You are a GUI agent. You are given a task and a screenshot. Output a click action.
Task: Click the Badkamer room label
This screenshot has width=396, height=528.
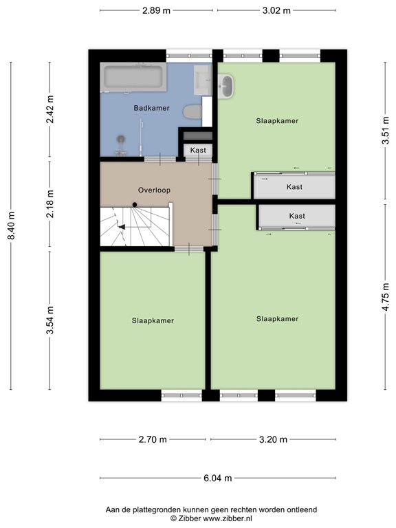(151, 108)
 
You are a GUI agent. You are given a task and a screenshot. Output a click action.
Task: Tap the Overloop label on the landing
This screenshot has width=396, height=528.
(154, 190)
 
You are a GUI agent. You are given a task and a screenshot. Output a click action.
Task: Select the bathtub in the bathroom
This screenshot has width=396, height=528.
(133, 77)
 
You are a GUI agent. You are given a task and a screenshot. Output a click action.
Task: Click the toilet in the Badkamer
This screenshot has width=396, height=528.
(192, 112)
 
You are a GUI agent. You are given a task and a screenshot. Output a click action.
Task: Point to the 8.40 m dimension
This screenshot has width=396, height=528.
(12, 225)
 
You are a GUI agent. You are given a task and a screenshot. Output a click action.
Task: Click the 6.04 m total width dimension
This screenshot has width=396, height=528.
(218, 478)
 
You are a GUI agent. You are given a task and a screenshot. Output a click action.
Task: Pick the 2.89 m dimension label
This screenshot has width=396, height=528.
(156, 10)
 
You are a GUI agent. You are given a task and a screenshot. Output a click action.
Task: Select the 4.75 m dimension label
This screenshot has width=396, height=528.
(386, 297)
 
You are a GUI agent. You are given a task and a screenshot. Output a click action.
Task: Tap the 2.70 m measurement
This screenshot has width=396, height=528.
(153, 439)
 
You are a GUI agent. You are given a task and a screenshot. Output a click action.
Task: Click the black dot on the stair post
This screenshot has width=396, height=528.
(135, 205)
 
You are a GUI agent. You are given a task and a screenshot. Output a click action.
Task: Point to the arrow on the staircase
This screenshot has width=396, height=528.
(122, 227)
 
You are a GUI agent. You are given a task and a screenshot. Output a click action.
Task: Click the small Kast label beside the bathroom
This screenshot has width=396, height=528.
(198, 150)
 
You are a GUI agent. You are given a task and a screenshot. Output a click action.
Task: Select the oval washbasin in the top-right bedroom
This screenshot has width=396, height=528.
(225, 87)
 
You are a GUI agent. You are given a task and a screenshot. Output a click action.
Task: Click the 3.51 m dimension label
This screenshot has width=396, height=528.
(386, 131)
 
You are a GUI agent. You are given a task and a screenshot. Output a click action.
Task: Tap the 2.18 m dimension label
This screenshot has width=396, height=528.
(50, 203)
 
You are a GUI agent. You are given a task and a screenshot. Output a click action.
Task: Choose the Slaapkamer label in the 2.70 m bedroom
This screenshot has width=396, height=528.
(153, 320)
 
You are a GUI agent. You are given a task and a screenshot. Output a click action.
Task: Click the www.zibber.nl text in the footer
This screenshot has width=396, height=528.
(228, 518)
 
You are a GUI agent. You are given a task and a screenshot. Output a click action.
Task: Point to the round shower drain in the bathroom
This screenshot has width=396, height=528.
(121, 138)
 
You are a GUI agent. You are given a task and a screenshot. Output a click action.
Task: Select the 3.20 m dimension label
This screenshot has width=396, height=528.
(273, 439)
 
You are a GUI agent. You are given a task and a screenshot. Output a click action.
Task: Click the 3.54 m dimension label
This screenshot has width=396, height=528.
(50, 320)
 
